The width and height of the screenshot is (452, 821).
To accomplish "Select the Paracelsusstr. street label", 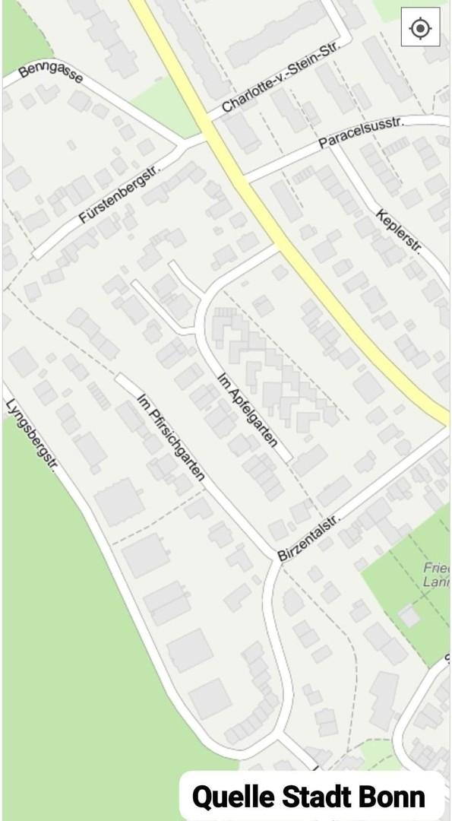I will pyautogui.click(x=362, y=132).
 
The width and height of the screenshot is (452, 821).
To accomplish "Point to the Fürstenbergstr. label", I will pyautogui.click(x=122, y=194).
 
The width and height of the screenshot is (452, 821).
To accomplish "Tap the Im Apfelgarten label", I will pyautogui.click(x=247, y=410).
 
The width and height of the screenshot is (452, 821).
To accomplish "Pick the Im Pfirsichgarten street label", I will pyautogui.click(x=171, y=436).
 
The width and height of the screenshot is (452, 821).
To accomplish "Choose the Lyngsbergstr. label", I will pyautogui.click(x=31, y=437).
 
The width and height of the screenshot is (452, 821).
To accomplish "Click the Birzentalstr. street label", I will pyautogui.click(x=308, y=538).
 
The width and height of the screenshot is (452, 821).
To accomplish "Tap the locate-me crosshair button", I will pyautogui.click(x=420, y=28).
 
